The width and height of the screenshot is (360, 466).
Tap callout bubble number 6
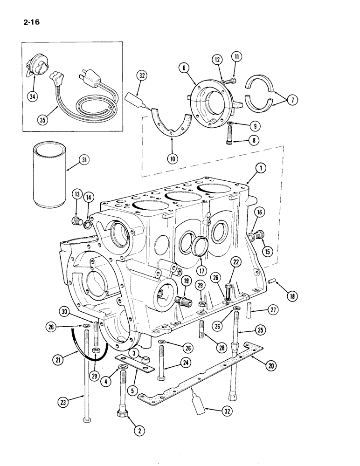(185, 69)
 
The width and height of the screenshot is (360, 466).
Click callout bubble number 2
(138, 431)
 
